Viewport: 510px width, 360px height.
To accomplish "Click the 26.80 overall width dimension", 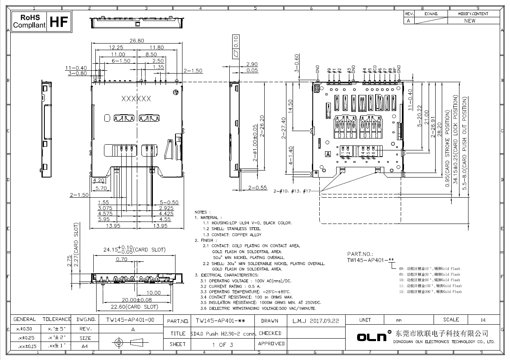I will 137,41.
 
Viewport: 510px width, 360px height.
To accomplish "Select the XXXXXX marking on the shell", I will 136,99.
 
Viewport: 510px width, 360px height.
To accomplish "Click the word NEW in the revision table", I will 470,21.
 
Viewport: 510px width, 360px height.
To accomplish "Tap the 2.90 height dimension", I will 252,65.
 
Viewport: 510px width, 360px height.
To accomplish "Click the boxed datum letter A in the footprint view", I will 328,155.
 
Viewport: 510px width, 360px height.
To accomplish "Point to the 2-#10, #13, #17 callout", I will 293,191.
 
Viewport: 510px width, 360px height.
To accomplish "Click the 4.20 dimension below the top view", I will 99,180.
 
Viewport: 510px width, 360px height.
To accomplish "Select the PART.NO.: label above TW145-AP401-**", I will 360,254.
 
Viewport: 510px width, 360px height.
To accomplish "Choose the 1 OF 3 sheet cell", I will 222,344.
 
